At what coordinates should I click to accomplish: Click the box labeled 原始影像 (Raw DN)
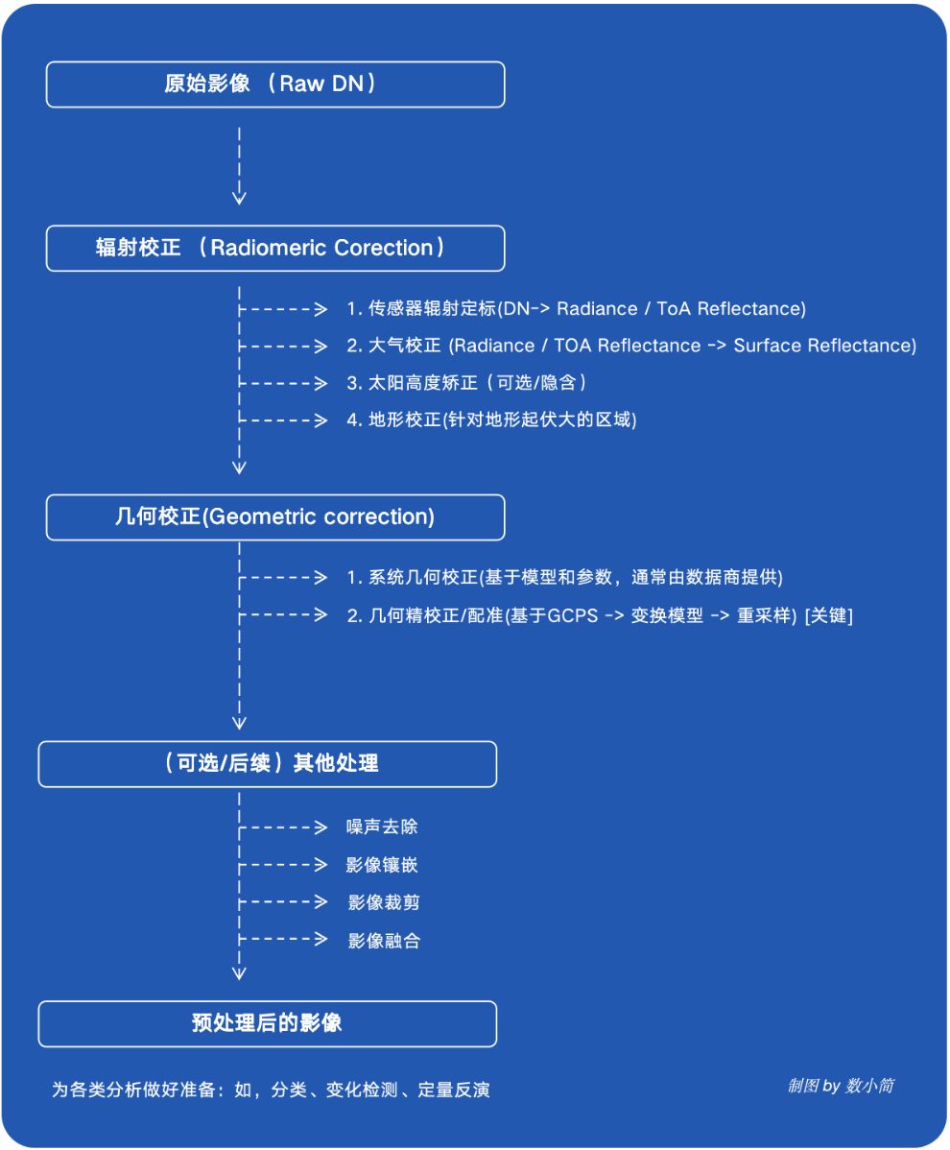(x=275, y=84)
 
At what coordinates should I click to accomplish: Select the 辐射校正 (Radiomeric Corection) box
(x=275, y=248)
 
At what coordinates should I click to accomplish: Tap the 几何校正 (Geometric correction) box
(x=275, y=517)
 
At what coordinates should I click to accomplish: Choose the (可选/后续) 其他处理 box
(x=268, y=764)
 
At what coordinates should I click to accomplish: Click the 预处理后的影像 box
(x=268, y=1023)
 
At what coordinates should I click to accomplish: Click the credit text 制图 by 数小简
(x=841, y=1086)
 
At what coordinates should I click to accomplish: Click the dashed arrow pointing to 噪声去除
(x=284, y=827)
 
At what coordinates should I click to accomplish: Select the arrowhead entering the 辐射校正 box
(x=240, y=198)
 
